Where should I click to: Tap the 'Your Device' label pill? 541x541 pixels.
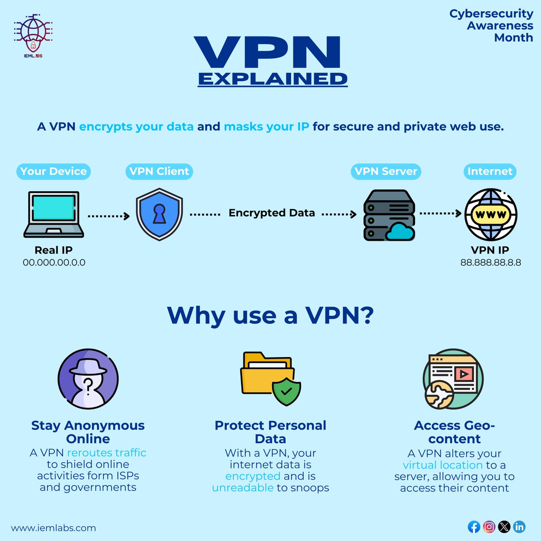click(x=54, y=171)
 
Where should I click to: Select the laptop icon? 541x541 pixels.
click(x=54, y=214)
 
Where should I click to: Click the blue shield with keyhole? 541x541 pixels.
click(x=159, y=215)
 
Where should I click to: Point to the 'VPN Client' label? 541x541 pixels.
click(x=159, y=171)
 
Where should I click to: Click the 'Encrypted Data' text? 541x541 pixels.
click(x=271, y=213)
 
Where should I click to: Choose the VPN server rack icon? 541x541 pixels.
click(x=389, y=215)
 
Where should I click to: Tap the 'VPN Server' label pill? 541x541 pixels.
click(x=386, y=171)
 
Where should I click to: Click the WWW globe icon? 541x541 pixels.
click(x=491, y=215)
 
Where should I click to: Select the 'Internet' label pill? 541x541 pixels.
click(x=490, y=171)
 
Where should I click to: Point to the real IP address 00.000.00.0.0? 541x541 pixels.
click(x=54, y=262)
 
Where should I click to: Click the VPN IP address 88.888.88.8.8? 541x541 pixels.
click(x=491, y=262)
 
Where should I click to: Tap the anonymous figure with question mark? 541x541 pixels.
click(x=88, y=379)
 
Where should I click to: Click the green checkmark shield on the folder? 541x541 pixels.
click(x=286, y=391)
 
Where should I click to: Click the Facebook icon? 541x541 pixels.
click(x=474, y=526)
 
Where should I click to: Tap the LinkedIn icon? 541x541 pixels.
click(x=519, y=526)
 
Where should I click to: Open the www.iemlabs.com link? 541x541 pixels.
click(x=54, y=528)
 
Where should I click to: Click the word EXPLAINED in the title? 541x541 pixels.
click(x=273, y=79)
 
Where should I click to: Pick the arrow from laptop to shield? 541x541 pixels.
click(x=108, y=216)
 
